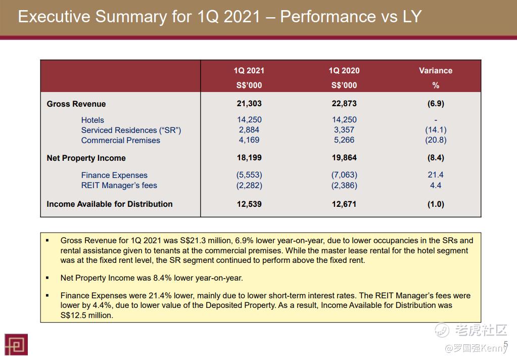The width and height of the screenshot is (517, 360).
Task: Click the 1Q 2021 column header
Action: pos(249,71)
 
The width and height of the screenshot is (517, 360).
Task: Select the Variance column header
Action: pos(435,71)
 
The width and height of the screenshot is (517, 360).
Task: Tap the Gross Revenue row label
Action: pos(76,104)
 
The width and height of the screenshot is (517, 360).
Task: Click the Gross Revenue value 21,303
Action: pos(249,104)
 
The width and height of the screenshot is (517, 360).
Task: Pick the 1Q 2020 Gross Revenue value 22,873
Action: pos(344,104)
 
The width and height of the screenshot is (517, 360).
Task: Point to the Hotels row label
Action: pos(92,120)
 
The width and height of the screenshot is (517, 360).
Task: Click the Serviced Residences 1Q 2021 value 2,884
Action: pos(249,130)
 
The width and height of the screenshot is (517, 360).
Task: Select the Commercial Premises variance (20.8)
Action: pos(436,140)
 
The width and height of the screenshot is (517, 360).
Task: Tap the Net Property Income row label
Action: pos(86,158)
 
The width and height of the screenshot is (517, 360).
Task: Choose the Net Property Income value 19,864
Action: pos(344,158)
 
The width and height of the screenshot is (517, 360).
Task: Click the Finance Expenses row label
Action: pos(114,175)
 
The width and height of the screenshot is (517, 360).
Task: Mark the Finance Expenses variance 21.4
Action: pos(436,175)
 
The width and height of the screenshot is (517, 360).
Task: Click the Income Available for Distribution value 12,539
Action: pos(249,204)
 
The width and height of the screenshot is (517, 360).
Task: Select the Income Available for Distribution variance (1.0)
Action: pos(436,204)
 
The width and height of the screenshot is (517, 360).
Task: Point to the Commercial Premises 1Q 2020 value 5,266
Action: pos(344,140)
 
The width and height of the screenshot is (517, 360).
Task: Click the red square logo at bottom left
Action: pos(16,344)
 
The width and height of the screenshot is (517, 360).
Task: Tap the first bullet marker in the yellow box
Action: pos(48,241)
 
